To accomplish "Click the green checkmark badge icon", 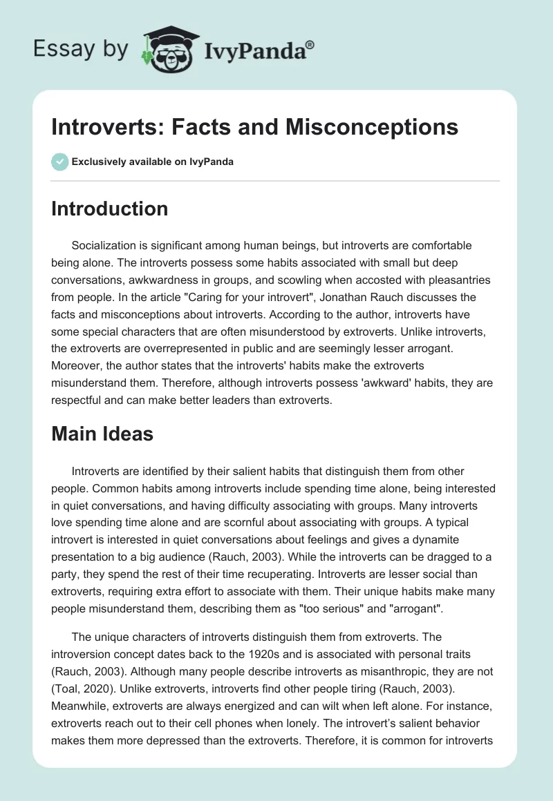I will tap(59, 162).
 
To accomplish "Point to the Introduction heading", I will tap(109, 209).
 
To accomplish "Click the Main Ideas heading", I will tap(102, 434).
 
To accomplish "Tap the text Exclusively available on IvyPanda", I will tap(153, 162).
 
